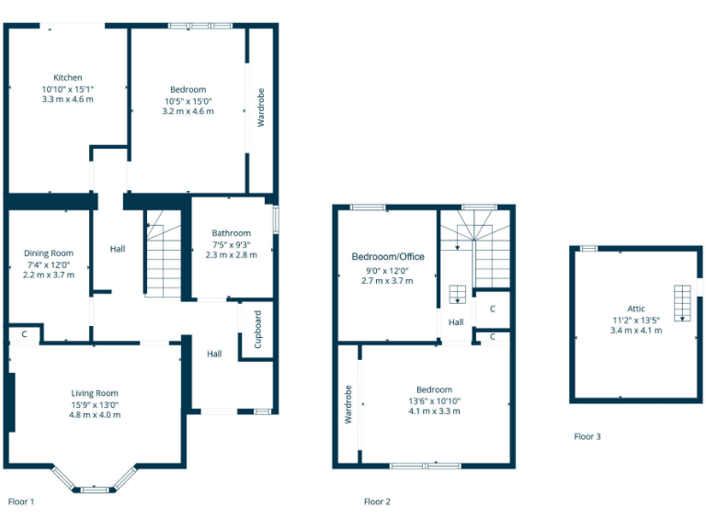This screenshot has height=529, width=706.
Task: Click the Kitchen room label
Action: (67, 77)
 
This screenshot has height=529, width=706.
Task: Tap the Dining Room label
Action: (49, 253)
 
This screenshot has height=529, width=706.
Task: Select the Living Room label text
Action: (96, 393)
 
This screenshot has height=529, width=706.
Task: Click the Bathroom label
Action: (231, 233)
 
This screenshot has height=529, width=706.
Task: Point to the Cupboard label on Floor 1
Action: (258, 329)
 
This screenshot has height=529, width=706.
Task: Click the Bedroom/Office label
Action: (388, 256)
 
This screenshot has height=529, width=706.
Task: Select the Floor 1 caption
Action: (21, 501)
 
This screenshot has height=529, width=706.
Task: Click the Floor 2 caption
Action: (377, 501)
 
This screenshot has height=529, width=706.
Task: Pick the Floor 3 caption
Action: (586, 436)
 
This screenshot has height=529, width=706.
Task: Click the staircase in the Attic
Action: (681, 302)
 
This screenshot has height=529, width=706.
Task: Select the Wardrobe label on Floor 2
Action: (348, 404)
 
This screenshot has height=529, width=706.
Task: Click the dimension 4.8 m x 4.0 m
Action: (96, 415)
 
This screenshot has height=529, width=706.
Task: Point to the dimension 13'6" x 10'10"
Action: (434, 400)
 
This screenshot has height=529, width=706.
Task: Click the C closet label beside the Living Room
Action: (23, 334)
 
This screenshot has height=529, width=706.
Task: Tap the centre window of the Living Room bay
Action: (95, 490)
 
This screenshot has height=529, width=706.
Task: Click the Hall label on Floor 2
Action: (456, 322)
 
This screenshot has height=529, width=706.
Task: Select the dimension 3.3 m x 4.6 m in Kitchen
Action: (67, 99)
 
